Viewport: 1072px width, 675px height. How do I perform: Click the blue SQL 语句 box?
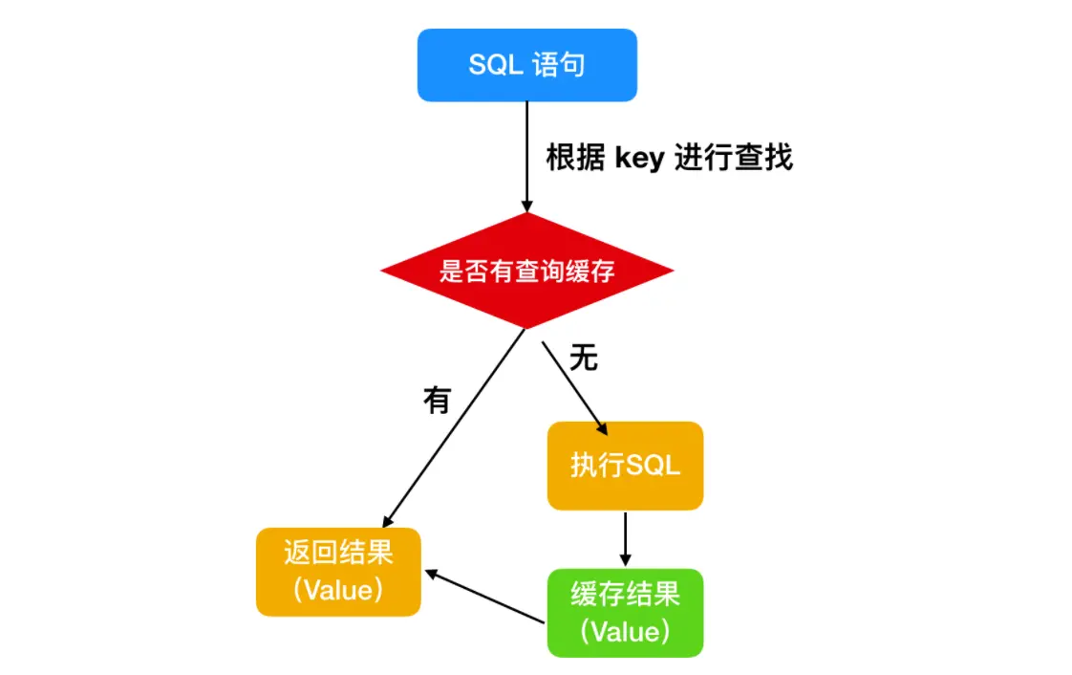tap(527, 65)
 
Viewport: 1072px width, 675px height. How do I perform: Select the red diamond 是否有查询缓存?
tap(527, 271)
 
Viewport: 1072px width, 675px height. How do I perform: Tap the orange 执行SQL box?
tap(625, 466)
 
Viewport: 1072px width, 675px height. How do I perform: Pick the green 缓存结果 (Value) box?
tap(625, 613)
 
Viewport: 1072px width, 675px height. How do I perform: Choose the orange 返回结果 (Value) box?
tap(338, 572)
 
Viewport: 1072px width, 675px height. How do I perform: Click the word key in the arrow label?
tap(640, 159)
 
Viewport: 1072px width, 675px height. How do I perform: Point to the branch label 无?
tap(584, 358)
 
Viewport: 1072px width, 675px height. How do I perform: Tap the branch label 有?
tap(438, 400)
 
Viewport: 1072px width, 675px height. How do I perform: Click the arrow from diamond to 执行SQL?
tap(575, 388)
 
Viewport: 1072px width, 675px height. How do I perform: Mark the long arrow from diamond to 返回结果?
tap(454, 428)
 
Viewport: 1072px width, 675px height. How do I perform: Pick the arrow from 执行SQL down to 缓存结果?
tap(625, 539)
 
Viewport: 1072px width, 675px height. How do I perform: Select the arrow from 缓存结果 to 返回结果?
tap(484, 597)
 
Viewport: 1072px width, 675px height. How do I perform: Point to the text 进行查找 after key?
tap(734, 158)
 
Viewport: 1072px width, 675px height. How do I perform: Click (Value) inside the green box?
tap(625, 632)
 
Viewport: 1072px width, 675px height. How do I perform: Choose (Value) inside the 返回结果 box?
tap(338, 590)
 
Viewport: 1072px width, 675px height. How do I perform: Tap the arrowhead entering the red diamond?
tap(527, 207)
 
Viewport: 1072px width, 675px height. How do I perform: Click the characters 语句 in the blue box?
tap(559, 65)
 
